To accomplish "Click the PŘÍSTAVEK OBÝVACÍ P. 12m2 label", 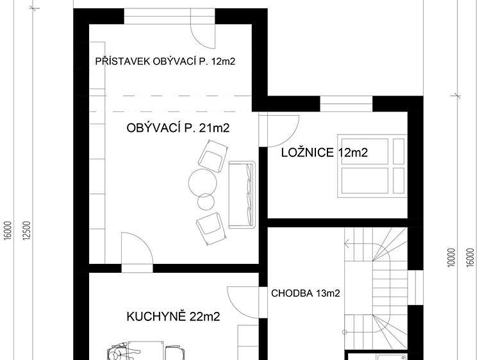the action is pos(165,61).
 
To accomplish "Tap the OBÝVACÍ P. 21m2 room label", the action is pos(178,128).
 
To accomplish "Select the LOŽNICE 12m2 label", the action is pos(324,152).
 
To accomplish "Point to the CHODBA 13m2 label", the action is pos(305,293).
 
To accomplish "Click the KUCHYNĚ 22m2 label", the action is pos(173,316).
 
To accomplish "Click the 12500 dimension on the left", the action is pos(27,231).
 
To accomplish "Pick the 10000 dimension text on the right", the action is pos(451,258).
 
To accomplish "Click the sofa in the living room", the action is pos(242,195).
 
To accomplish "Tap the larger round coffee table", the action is pos(203,183).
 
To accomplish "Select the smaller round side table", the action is pos(206,202).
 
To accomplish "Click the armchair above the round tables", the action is pos(213,156).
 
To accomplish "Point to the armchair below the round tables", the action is pos(211,229).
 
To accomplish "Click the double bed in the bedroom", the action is pos(372,166).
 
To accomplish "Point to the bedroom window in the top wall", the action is pos(346,104).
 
